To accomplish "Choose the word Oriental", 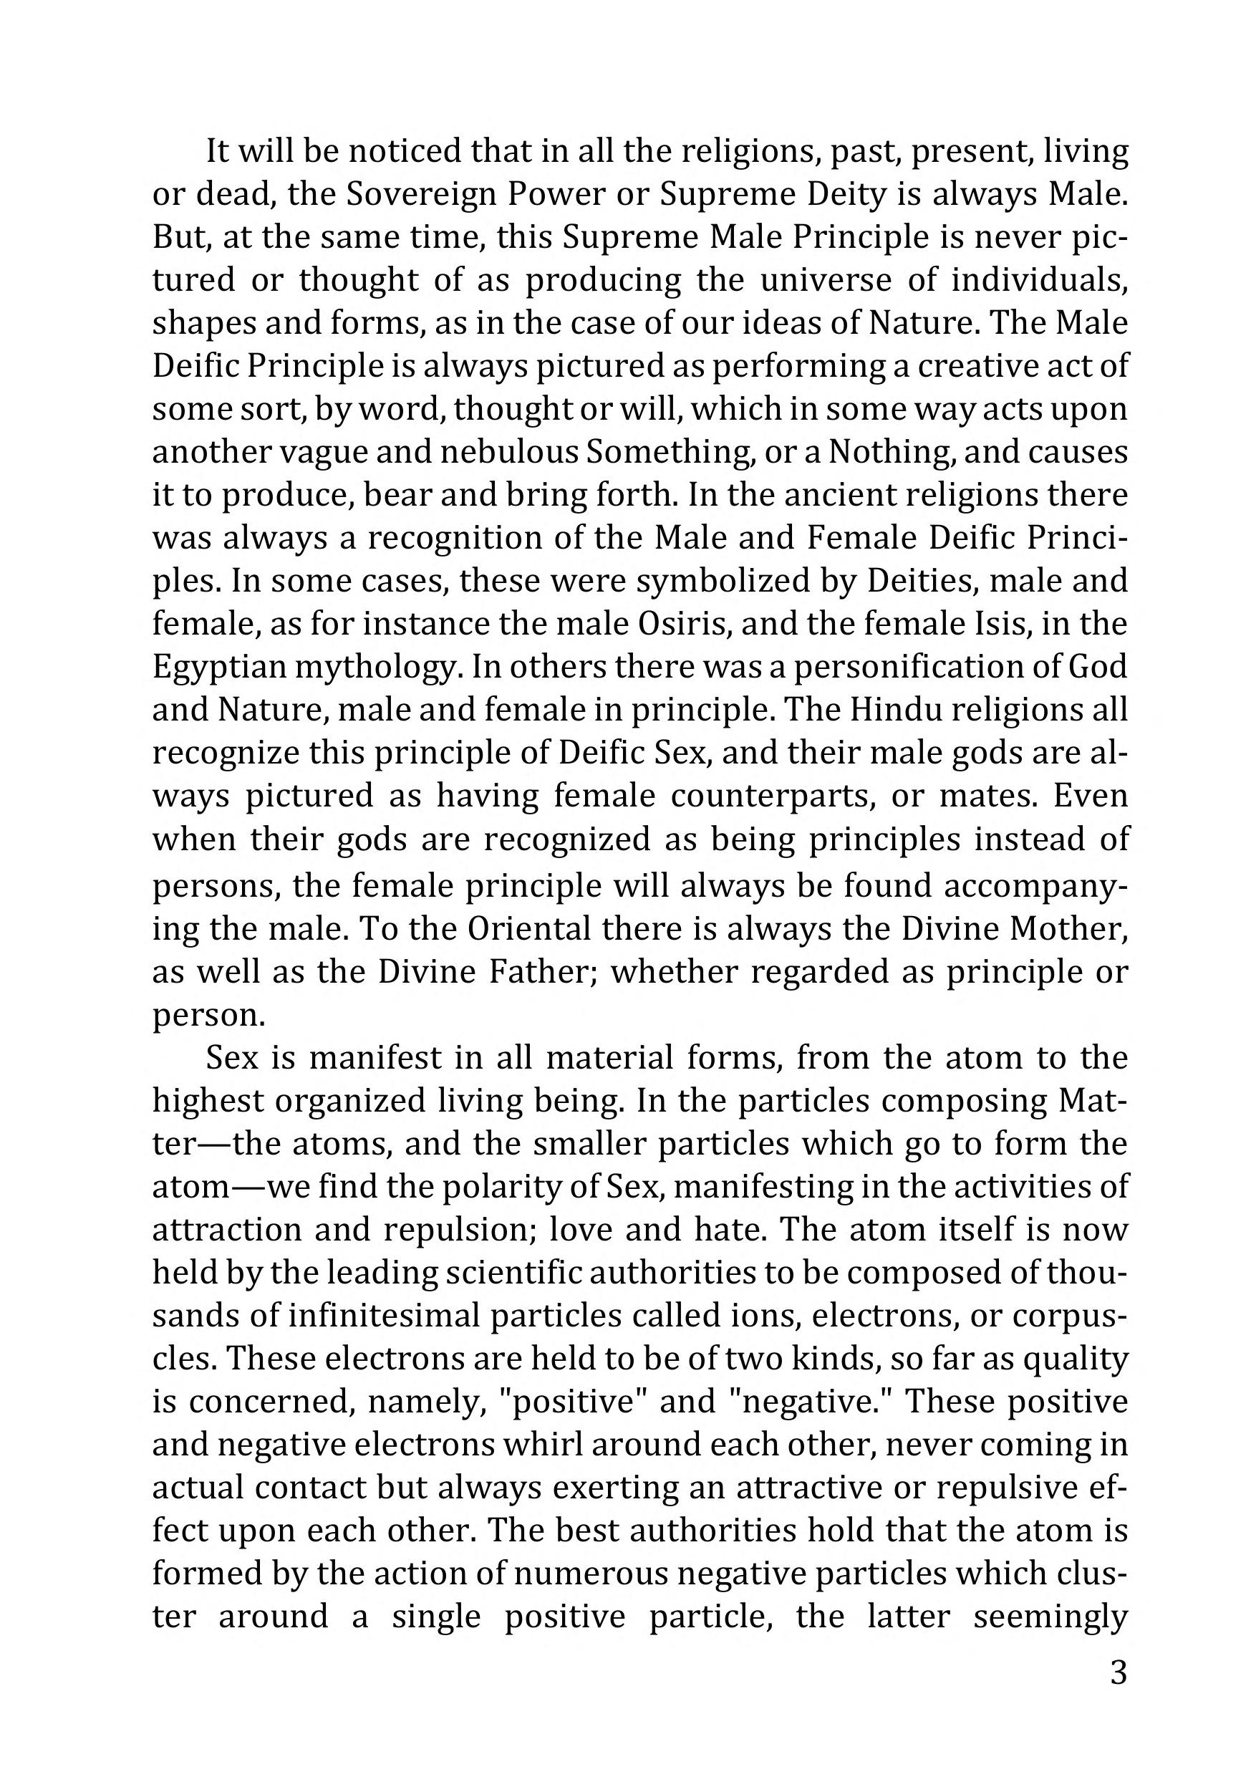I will (x=530, y=928).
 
